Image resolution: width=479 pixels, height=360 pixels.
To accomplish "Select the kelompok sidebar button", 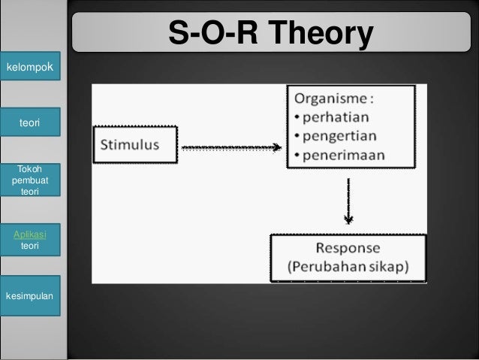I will [x=30, y=69].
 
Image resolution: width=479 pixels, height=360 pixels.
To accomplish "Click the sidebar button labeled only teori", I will [x=30, y=122].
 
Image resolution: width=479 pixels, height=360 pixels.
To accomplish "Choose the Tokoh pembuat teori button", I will [x=30, y=180].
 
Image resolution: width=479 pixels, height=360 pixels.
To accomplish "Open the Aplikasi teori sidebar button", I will [x=30, y=240].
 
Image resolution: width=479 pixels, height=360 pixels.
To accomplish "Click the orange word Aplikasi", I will [x=30, y=234].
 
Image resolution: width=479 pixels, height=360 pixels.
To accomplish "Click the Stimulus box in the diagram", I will [x=135, y=145].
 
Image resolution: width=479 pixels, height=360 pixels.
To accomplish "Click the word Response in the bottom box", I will [x=348, y=248].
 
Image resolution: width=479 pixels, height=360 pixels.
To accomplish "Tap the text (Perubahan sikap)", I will [x=348, y=267].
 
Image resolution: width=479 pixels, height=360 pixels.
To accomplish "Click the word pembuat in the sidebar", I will [x=30, y=180].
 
